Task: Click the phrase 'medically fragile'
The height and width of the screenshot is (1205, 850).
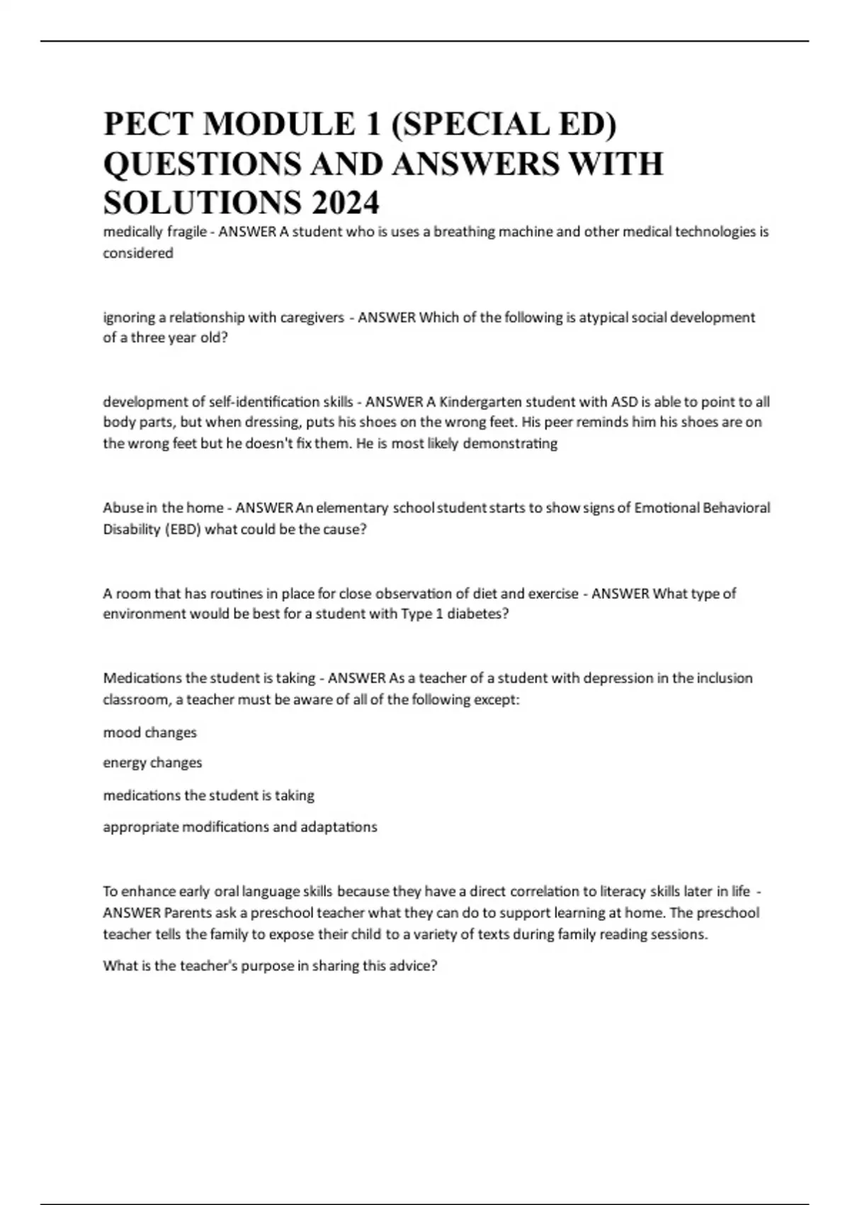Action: pos(154,232)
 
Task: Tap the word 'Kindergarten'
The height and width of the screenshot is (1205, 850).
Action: pos(482,402)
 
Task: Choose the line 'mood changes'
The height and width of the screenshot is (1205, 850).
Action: pos(150,732)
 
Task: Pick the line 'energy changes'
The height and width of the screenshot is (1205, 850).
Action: pos(152,763)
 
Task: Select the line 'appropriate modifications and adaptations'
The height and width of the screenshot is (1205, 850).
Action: pos(240,826)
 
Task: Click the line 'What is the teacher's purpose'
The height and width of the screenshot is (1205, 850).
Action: pos(270,965)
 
